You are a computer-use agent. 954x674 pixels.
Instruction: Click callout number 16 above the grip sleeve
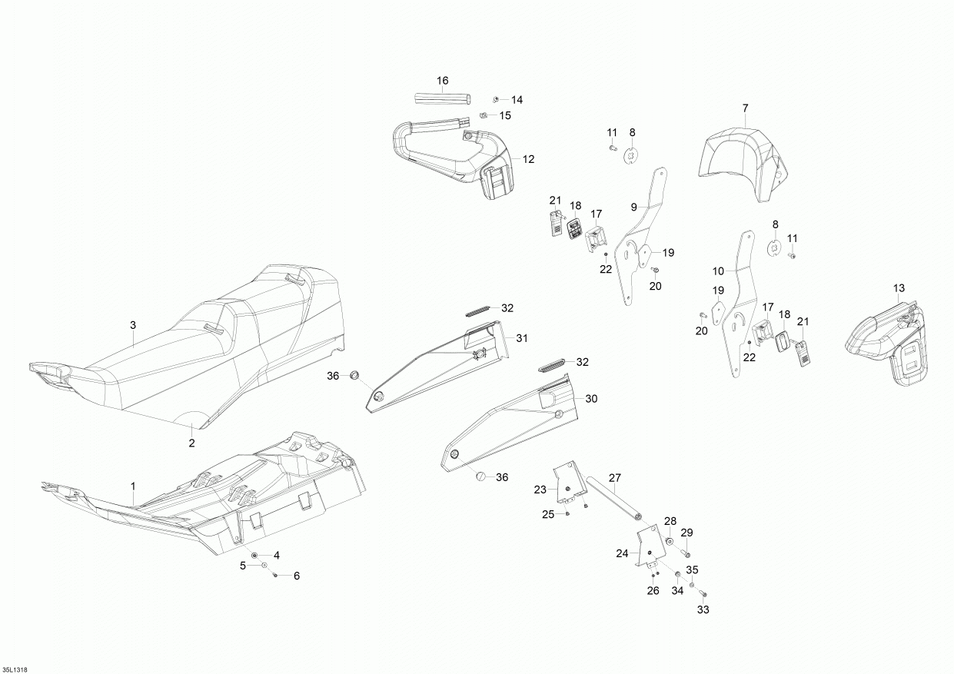coord(442,81)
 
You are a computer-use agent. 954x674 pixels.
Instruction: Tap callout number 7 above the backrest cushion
coord(745,108)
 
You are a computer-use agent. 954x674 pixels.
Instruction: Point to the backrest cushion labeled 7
coord(742,161)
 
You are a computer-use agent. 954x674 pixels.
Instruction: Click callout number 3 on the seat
coord(132,326)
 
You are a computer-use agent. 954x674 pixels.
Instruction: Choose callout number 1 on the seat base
coord(132,486)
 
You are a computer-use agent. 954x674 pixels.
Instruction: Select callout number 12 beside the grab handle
coord(528,159)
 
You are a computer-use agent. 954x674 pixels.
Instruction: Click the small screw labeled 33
coord(702,593)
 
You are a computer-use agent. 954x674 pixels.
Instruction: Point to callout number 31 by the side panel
coord(522,338)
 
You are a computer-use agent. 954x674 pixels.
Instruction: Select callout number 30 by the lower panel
coord(591,399)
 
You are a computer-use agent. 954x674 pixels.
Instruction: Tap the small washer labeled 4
coord(255,555)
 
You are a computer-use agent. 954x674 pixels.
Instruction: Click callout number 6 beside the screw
coord(296,576)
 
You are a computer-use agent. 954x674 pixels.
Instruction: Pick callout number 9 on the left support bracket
coord(634,207)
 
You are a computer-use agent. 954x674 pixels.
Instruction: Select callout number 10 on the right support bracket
coord(718,271)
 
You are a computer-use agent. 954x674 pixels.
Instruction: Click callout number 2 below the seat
coord(191,443)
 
